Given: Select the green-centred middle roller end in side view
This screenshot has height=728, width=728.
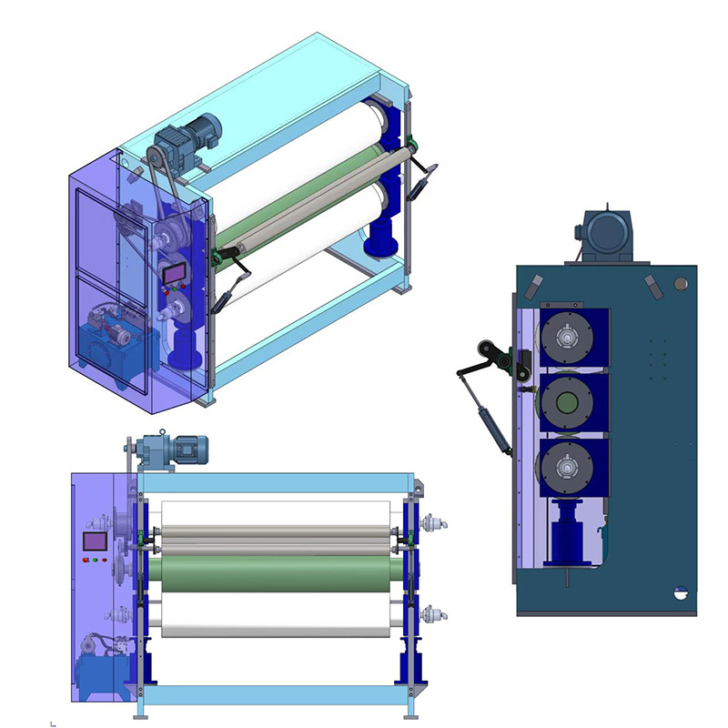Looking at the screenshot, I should (569, 399).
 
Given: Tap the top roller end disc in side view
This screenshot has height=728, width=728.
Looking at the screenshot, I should (569, 339).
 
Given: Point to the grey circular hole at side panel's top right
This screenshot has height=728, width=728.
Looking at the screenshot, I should (680, 284).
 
